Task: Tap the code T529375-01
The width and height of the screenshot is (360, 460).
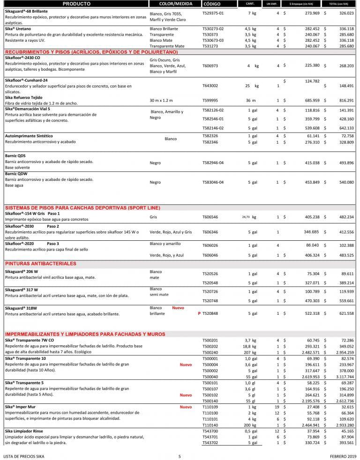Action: tap(213, 13)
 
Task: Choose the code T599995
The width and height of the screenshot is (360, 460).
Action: tap(210, 100)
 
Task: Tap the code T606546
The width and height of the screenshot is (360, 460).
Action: tap(210, 217)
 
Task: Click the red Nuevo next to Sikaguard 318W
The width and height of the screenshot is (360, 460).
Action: tap(178, 308)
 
